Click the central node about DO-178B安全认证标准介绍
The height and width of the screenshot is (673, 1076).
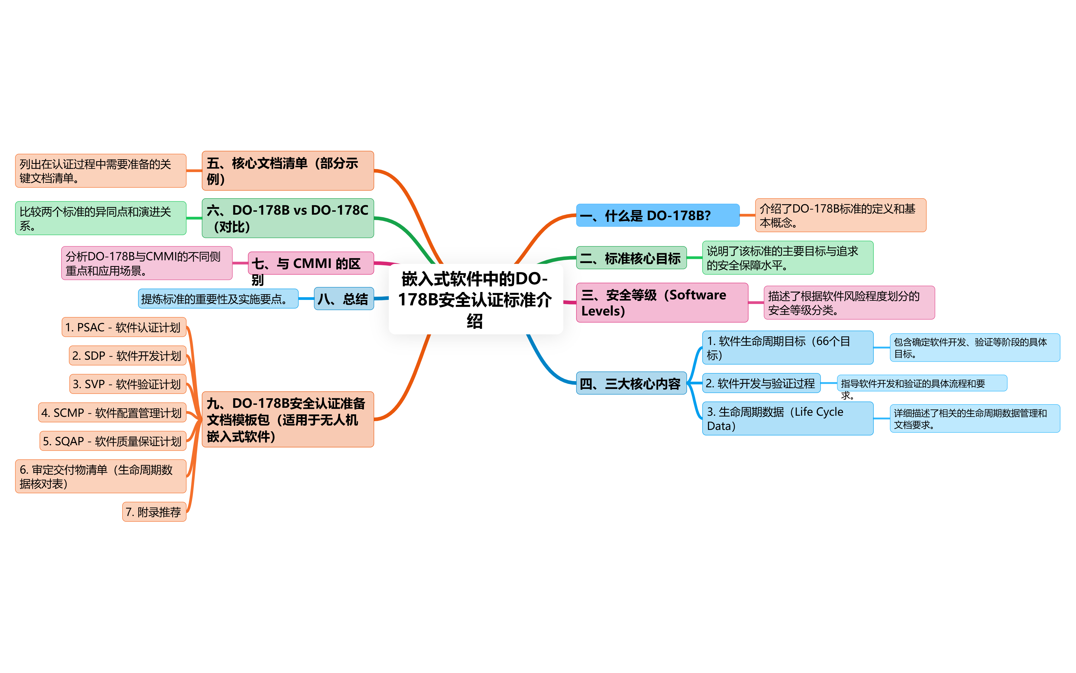(476, 299)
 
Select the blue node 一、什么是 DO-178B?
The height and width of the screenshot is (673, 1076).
(657, 216)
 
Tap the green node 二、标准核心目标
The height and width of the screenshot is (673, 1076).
(631, 258)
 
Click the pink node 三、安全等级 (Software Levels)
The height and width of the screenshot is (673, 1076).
(662, 303)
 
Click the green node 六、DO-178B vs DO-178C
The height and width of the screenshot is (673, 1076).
(288, 218)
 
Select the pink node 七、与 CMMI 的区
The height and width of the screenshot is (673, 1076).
(311, 264)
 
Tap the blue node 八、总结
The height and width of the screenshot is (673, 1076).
(343, 299)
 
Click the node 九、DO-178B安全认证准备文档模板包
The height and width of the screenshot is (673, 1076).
(288, 419)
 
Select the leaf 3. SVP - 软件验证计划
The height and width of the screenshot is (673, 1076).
(127, 384)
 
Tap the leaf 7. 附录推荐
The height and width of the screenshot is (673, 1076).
(154, 512)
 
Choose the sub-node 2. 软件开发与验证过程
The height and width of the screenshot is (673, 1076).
(761, 383)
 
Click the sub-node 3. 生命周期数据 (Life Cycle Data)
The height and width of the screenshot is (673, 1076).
(787, 418)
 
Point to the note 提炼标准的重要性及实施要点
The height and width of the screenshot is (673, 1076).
(218, 299)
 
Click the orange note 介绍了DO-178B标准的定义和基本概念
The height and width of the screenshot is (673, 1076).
(840, 216)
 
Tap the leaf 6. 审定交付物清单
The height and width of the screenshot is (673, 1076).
(101, 476)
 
